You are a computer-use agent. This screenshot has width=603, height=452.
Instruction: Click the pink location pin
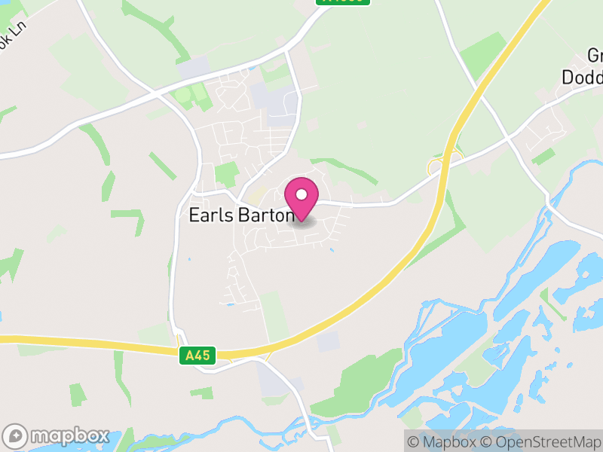coord(301,199)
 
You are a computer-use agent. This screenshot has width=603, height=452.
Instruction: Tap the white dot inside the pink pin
coord(301,195)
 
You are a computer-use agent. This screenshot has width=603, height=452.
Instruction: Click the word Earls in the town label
coord(211,215)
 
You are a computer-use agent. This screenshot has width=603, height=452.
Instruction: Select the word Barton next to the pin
coord(265,215)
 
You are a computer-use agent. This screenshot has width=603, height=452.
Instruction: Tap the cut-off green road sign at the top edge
coord(344,2)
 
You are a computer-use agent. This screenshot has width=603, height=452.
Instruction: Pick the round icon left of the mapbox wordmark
coord(17,436)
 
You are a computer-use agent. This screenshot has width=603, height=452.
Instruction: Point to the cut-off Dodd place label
coord(583,77)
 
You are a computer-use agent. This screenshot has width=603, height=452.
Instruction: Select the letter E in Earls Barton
coord(194,215)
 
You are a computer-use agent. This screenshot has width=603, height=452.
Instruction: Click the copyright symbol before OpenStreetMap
coord(488,441)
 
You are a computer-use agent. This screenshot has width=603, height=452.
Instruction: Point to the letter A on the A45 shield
coord(188,355)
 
